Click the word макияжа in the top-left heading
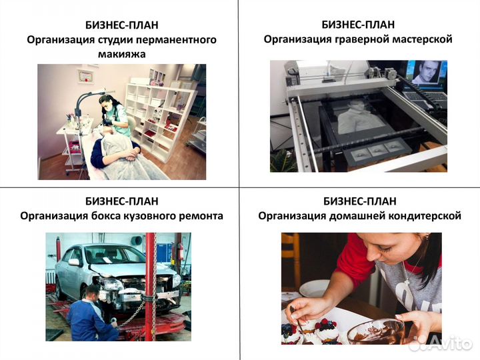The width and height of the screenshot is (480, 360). (121, 54)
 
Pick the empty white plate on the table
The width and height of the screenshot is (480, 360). (313, 289)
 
